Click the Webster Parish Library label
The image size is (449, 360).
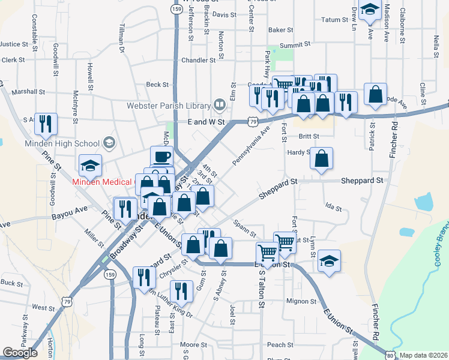click(x=167, y=106)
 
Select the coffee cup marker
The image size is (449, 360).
click(x=161, y=157)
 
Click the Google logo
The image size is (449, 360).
click(x=20, y=353)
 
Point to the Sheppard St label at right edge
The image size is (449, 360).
click(x=362, y=180)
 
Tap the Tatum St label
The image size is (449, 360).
click(x=335, y=20)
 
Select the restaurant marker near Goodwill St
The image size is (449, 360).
click(x=46, y=124)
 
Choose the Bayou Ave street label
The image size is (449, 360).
click(x=70, y=212)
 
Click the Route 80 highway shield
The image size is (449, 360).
click(x=391, y=355)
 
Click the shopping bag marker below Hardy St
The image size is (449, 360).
click(x=322, y=159)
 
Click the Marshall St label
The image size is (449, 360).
click(x=28, y=92)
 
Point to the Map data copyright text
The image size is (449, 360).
click(x=424, y=355)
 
